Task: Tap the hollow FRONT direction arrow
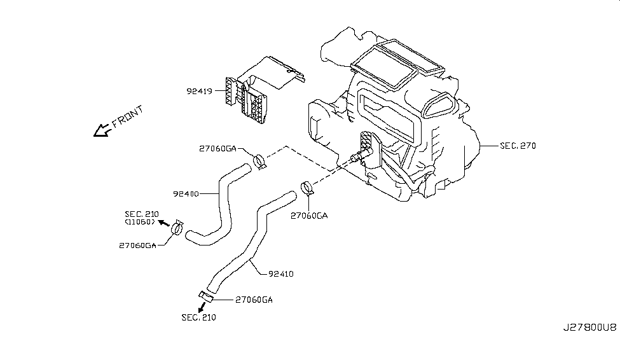[101, 130]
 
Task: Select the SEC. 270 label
[518, 146]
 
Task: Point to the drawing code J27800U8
[589, 327]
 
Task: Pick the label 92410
[280, 274]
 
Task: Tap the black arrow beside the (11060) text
[163, 223]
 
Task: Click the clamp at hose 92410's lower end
[205, 294]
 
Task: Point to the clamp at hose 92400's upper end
[259, 160]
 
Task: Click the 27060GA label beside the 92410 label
[254, 299]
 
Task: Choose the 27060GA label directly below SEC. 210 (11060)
[137, 245]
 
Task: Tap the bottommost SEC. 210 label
[198, 317]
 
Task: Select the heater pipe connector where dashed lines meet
[355, 159]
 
